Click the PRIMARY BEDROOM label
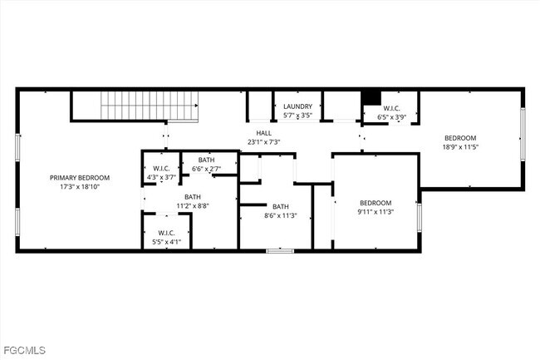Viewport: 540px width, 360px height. pos(79,177)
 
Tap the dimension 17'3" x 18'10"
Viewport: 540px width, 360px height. pos(79,186)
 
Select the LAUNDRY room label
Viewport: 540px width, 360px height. pos(297,106)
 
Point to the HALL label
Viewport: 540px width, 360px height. pos(263,133)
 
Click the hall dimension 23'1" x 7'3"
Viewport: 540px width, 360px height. pos(263,142)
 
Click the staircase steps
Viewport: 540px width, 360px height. pos(150,106)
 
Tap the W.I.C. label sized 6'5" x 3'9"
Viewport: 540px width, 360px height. pos(391,108)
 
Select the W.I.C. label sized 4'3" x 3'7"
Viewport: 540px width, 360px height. pos(161,168)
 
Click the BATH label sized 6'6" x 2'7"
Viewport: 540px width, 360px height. pos(206,160)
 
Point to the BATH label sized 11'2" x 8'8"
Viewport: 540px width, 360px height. pos(192,196)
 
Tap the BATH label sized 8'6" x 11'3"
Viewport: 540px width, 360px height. pos(280,206)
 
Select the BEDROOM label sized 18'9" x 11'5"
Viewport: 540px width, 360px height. pos(459,138)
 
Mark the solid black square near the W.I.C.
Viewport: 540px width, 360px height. pos(372,96)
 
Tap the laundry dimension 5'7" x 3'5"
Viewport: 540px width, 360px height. pos(297,116)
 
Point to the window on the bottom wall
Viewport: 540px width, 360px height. pos(279,250)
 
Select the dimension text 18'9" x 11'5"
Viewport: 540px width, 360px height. pos(459,147)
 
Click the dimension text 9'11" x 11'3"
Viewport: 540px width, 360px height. pos(375,211)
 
